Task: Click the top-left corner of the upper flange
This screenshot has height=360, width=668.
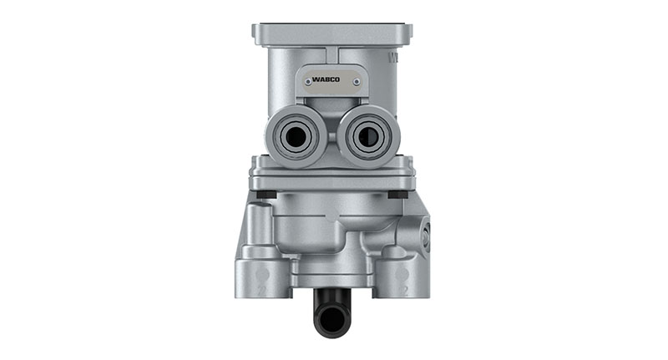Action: [255, 27]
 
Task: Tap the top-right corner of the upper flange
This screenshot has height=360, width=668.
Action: [412, 27]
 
